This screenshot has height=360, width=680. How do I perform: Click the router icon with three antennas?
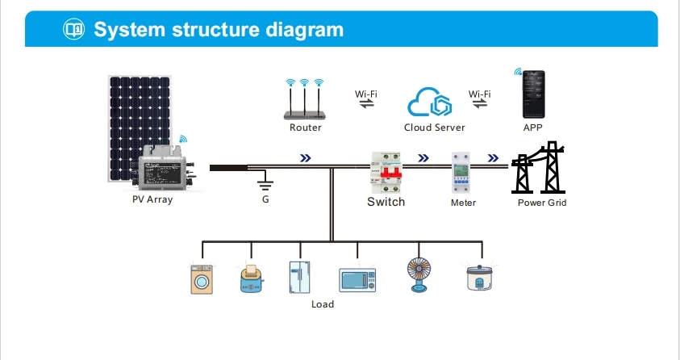tap(306, 102)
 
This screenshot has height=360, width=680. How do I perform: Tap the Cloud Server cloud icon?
tap(434, 103)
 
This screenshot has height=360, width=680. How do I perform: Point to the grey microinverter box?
tap(163, 169)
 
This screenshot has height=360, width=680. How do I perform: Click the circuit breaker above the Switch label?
tap(386, 170)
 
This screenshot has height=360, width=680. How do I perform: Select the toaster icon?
tap(252, 278)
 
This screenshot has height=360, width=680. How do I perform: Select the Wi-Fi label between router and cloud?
tap(366, 94)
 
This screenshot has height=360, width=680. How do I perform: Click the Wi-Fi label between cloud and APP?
tap(480, 94)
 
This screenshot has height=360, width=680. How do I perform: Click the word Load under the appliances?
tap(323, 304)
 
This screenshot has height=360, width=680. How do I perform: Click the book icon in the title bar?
tap(73, 30)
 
